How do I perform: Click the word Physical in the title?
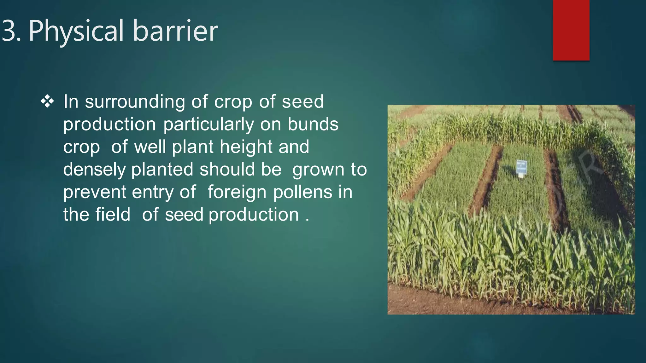[x=76, y=31]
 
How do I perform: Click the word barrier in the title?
[x=175, y=31]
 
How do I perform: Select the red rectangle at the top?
[x=571, y=30]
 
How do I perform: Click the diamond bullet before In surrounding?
[x=47, y=102]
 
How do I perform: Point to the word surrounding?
[x=135, y=102]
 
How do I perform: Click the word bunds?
[x=313, y=124]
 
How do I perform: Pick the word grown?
[x=318, y=170]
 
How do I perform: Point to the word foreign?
[x=237, y=192]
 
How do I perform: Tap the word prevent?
[x=94, y=192]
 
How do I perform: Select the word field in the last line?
[x=113, y=215]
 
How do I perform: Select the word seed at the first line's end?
[x=302, y=102]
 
